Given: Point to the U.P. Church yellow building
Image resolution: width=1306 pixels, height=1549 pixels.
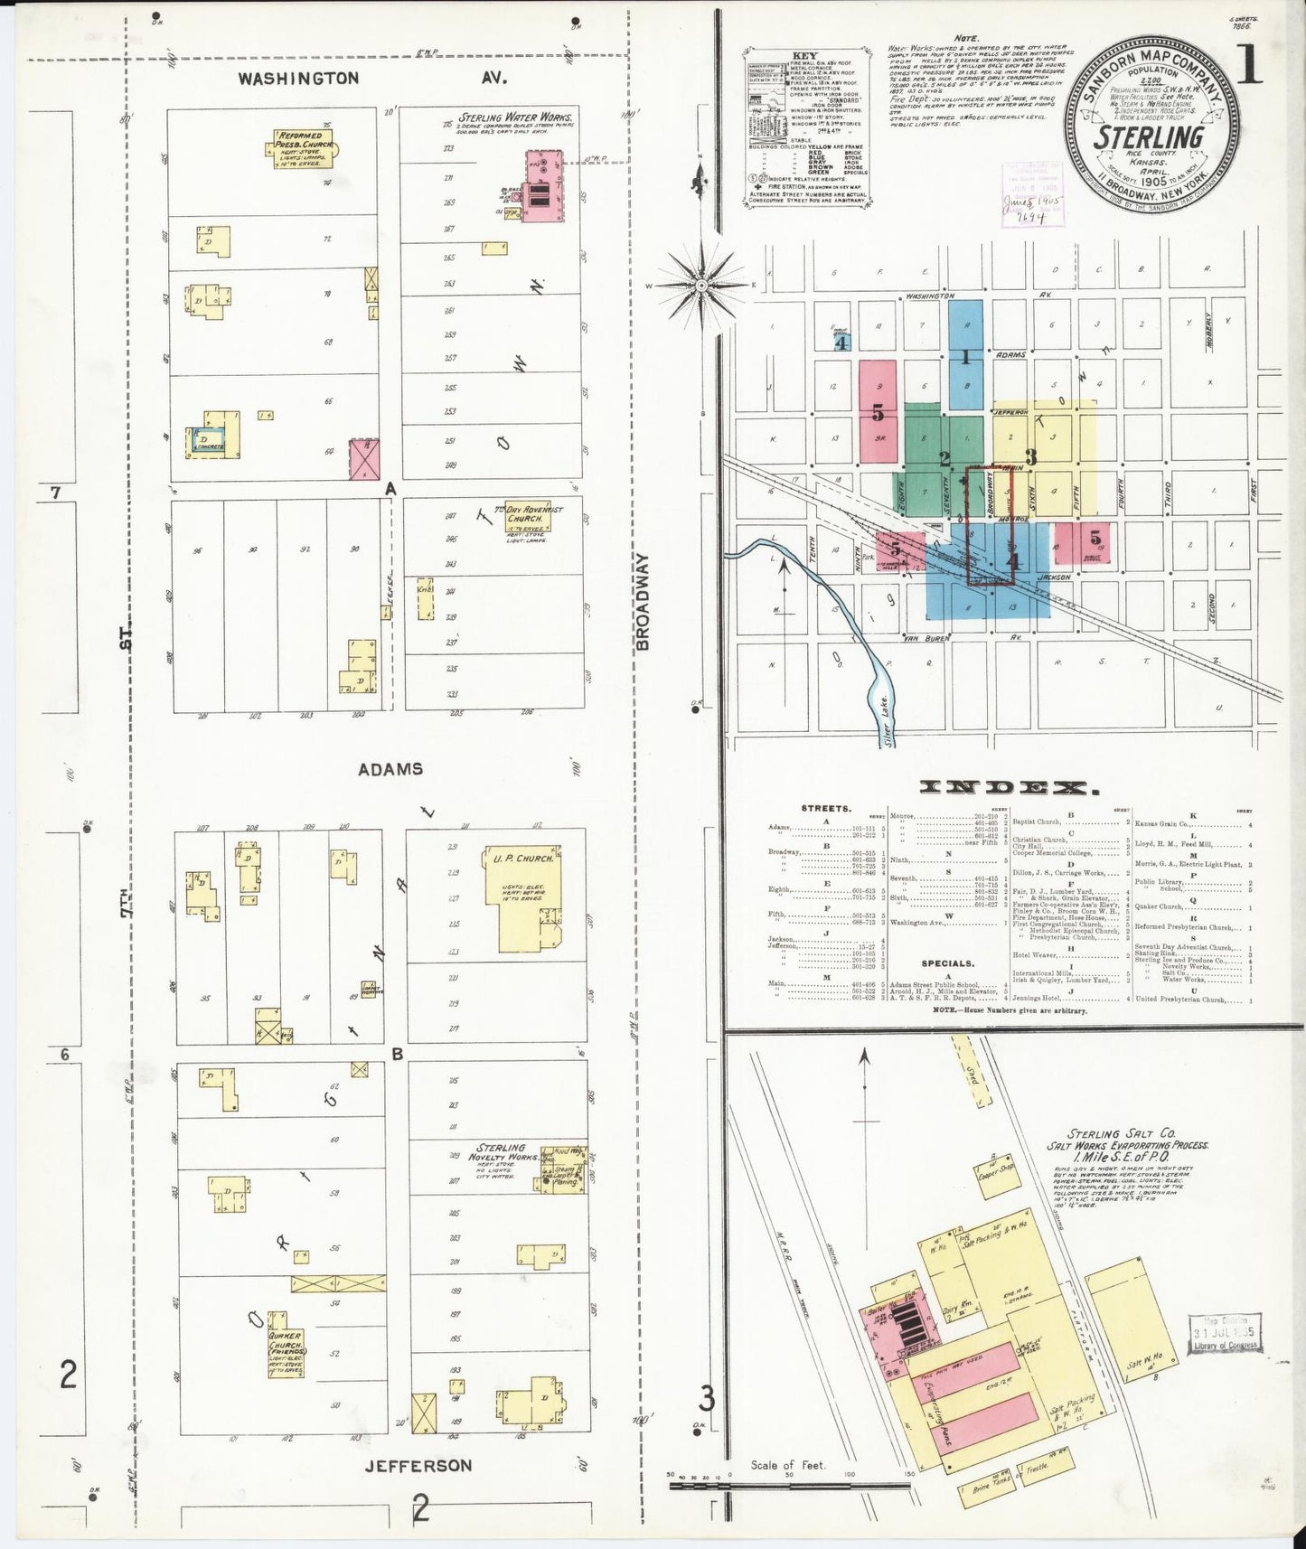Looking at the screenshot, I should coord(526,897).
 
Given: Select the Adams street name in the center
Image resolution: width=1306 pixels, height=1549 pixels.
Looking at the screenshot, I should coord(390,769).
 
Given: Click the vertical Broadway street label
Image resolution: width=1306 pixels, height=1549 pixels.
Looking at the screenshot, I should coord(643,602).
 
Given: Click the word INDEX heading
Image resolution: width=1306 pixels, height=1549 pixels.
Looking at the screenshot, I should coord(1009,788).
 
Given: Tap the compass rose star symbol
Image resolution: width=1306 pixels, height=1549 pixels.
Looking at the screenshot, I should coord(702,285).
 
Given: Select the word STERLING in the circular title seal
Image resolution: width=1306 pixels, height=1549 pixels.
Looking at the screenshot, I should coord(1149,138).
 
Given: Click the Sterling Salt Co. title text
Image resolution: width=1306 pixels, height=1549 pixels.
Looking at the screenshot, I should coord(1121,1133).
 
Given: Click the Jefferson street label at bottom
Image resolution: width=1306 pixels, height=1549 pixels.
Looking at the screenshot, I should coord(418,1465).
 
